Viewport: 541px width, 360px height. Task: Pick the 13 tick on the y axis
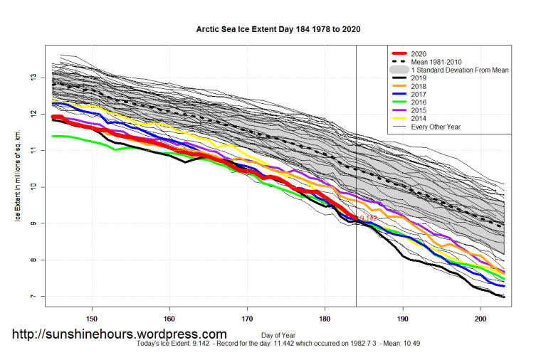pyautogui.click(x=33, y=78)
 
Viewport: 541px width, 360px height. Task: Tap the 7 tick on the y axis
pyautogui.click(x=33, y=296)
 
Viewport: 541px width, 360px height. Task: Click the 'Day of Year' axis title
pyautogui.click(x=278, y=334)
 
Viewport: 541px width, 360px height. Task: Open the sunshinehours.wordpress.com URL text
pyautogui.click(x=120, y=334)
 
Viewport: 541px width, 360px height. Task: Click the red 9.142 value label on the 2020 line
pyautogui.click(x=368, y=218)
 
